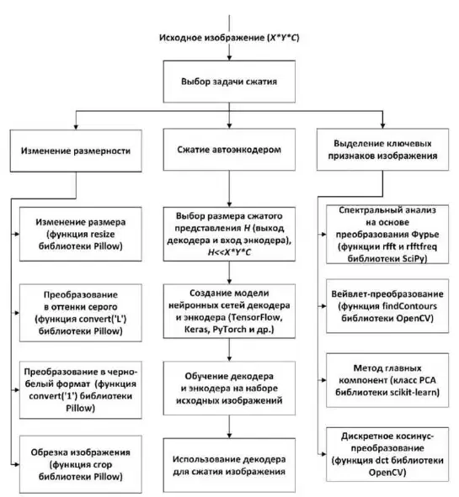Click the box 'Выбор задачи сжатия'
tap(229, 82)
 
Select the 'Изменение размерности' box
tap(76, 151)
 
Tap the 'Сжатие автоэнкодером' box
tap(229, 150)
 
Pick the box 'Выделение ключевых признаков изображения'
tap(382, 150)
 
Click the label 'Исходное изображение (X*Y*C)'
tap(229, 38)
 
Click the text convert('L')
tap(102, 319)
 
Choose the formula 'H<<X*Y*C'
tap(229, 252)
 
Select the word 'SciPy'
tap(414, 259)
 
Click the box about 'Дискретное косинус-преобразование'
tap(387, 454)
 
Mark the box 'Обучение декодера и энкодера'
tap(229, 389)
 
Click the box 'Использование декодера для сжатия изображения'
tap(229, 465)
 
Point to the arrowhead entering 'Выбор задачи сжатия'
tap(229, 58)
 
